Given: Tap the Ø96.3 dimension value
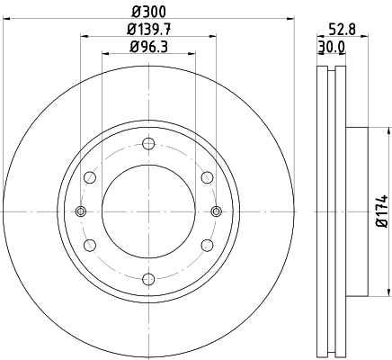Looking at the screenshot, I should [148, 46].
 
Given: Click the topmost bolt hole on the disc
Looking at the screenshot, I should [148, 144].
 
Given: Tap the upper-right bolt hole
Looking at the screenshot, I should [207, 177].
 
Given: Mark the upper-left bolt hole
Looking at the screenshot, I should [90, 177].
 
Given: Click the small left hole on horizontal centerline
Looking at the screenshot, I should [81, 211].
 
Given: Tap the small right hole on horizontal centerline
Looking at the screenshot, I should [216, 211].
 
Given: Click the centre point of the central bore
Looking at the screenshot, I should [148, 211].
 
